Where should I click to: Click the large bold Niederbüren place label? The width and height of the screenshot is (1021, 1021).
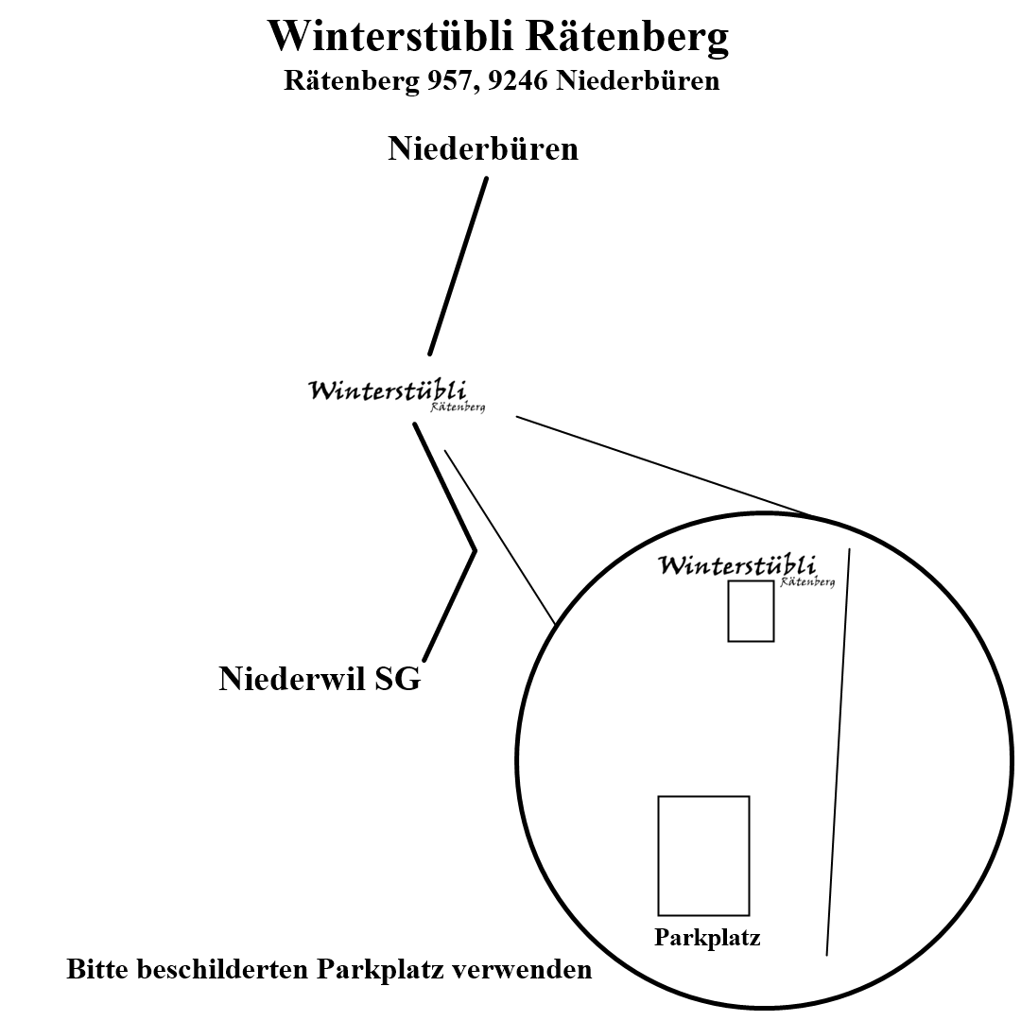coord(483,148)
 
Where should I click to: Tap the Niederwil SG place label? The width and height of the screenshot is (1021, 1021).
coord(320,679)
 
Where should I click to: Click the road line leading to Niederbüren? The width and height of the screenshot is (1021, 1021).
coord(459,265)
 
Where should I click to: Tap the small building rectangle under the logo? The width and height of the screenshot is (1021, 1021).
coord(751,612)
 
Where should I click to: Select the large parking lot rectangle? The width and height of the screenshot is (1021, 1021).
coord(703,856)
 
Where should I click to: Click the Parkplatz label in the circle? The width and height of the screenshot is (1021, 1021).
coord(707,939)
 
